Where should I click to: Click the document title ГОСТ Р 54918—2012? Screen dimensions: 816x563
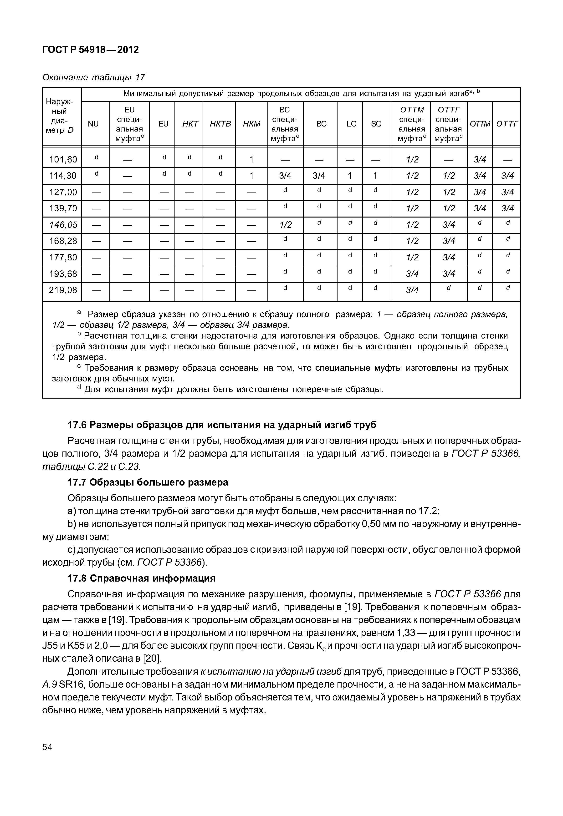tap(91, 50)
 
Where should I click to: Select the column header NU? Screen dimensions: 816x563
tap(93, 124)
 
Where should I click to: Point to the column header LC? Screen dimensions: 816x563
tap(351, 124)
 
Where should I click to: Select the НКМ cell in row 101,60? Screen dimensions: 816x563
tap(251, 160)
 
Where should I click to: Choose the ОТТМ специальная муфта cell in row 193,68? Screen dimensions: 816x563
tap(412, 274)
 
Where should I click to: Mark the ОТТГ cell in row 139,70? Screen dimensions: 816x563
tap(507, 208)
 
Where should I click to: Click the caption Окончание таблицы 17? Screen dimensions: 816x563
tap(93, 77)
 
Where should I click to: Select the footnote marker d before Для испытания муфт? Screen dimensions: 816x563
tap(79, 388)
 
